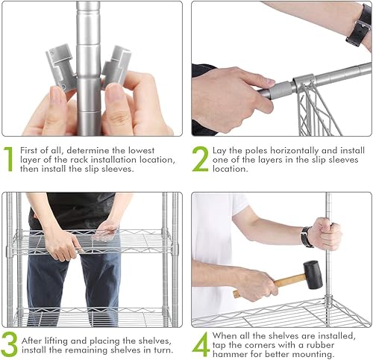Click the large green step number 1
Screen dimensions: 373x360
coord(9,159)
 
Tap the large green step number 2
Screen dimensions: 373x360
coord(201,159)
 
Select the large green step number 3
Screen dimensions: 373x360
coord(9,345)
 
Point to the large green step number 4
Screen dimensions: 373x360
coord(201,344)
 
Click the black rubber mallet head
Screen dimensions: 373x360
coord(313,275)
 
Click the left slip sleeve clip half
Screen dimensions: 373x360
coord(60,66)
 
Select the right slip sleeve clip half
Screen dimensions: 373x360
coord(116,66)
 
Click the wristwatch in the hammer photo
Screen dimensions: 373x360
coord(307,237)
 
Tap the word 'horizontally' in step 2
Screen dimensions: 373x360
coord(295,151)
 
